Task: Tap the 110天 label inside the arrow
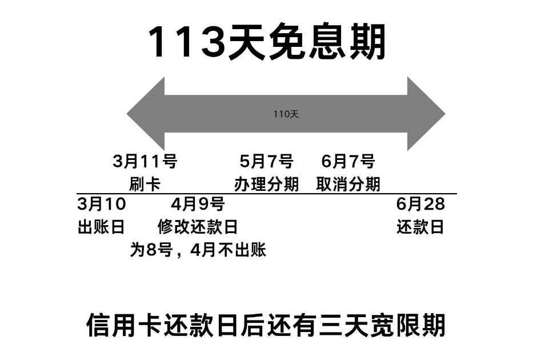tap(286, 114)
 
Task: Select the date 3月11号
tap(145, 162)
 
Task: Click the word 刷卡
tap(145, 184)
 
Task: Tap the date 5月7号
tap(266, 162)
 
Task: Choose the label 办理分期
tap(266, 184)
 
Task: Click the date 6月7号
tap(348, 162)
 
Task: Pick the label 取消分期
tap(348, 184)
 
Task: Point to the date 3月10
tap(101, 204)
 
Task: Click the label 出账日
tap(101, 227)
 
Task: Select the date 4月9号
tap(198, 204)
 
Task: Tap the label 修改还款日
tap(198, 227)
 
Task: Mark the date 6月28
tap(420, 204)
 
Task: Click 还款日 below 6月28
tap(420, 227)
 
